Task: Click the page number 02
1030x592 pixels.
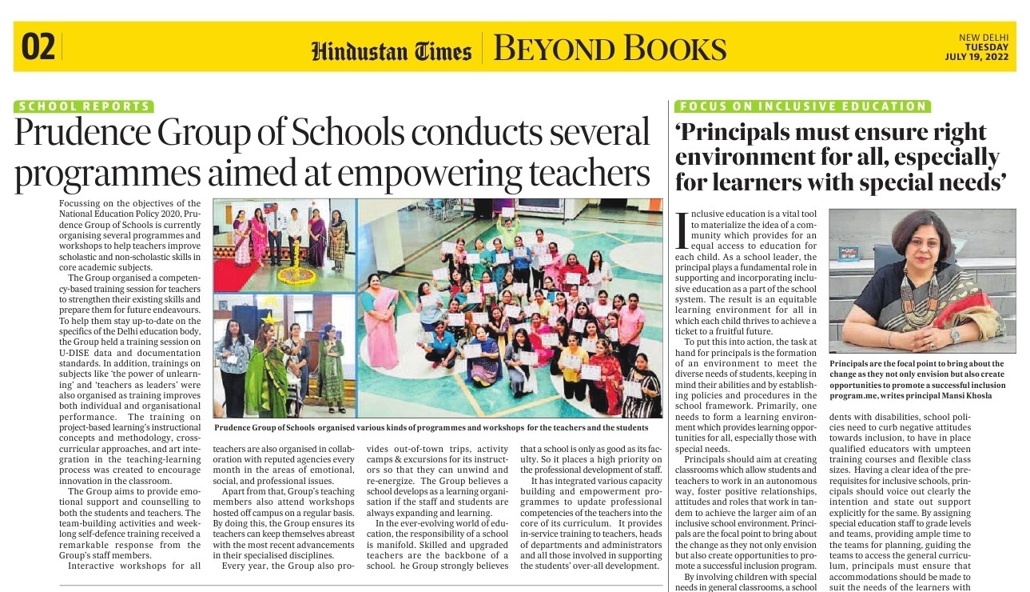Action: [38, 47]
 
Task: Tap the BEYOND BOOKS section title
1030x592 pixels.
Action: [610, 49]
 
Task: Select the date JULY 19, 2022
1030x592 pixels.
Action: [976, 57]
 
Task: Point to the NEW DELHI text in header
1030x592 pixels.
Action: [984, 38]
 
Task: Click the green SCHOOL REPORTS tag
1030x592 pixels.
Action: [84, 106]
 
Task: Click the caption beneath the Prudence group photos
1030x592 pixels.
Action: [437, 428]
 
